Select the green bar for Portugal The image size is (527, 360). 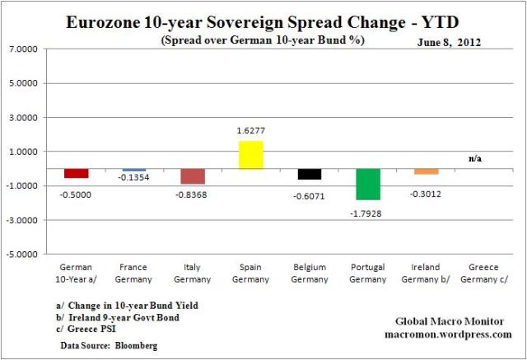[x=368, y=185]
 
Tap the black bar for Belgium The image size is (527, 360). [x=310, y=174]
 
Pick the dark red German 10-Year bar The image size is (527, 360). [x=77, y=173]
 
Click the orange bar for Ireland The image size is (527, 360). [x=427, y=171]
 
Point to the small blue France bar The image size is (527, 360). [x=134, y=170]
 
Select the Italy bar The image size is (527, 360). [x=193, y=176]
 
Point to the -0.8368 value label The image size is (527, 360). [x=193, y=194]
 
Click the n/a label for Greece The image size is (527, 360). [x=475, y=157]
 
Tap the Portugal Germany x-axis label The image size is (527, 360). [x=368, y=273]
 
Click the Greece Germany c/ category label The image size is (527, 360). [x=485, y=273]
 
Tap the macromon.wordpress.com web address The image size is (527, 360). [x=448, y=334]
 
